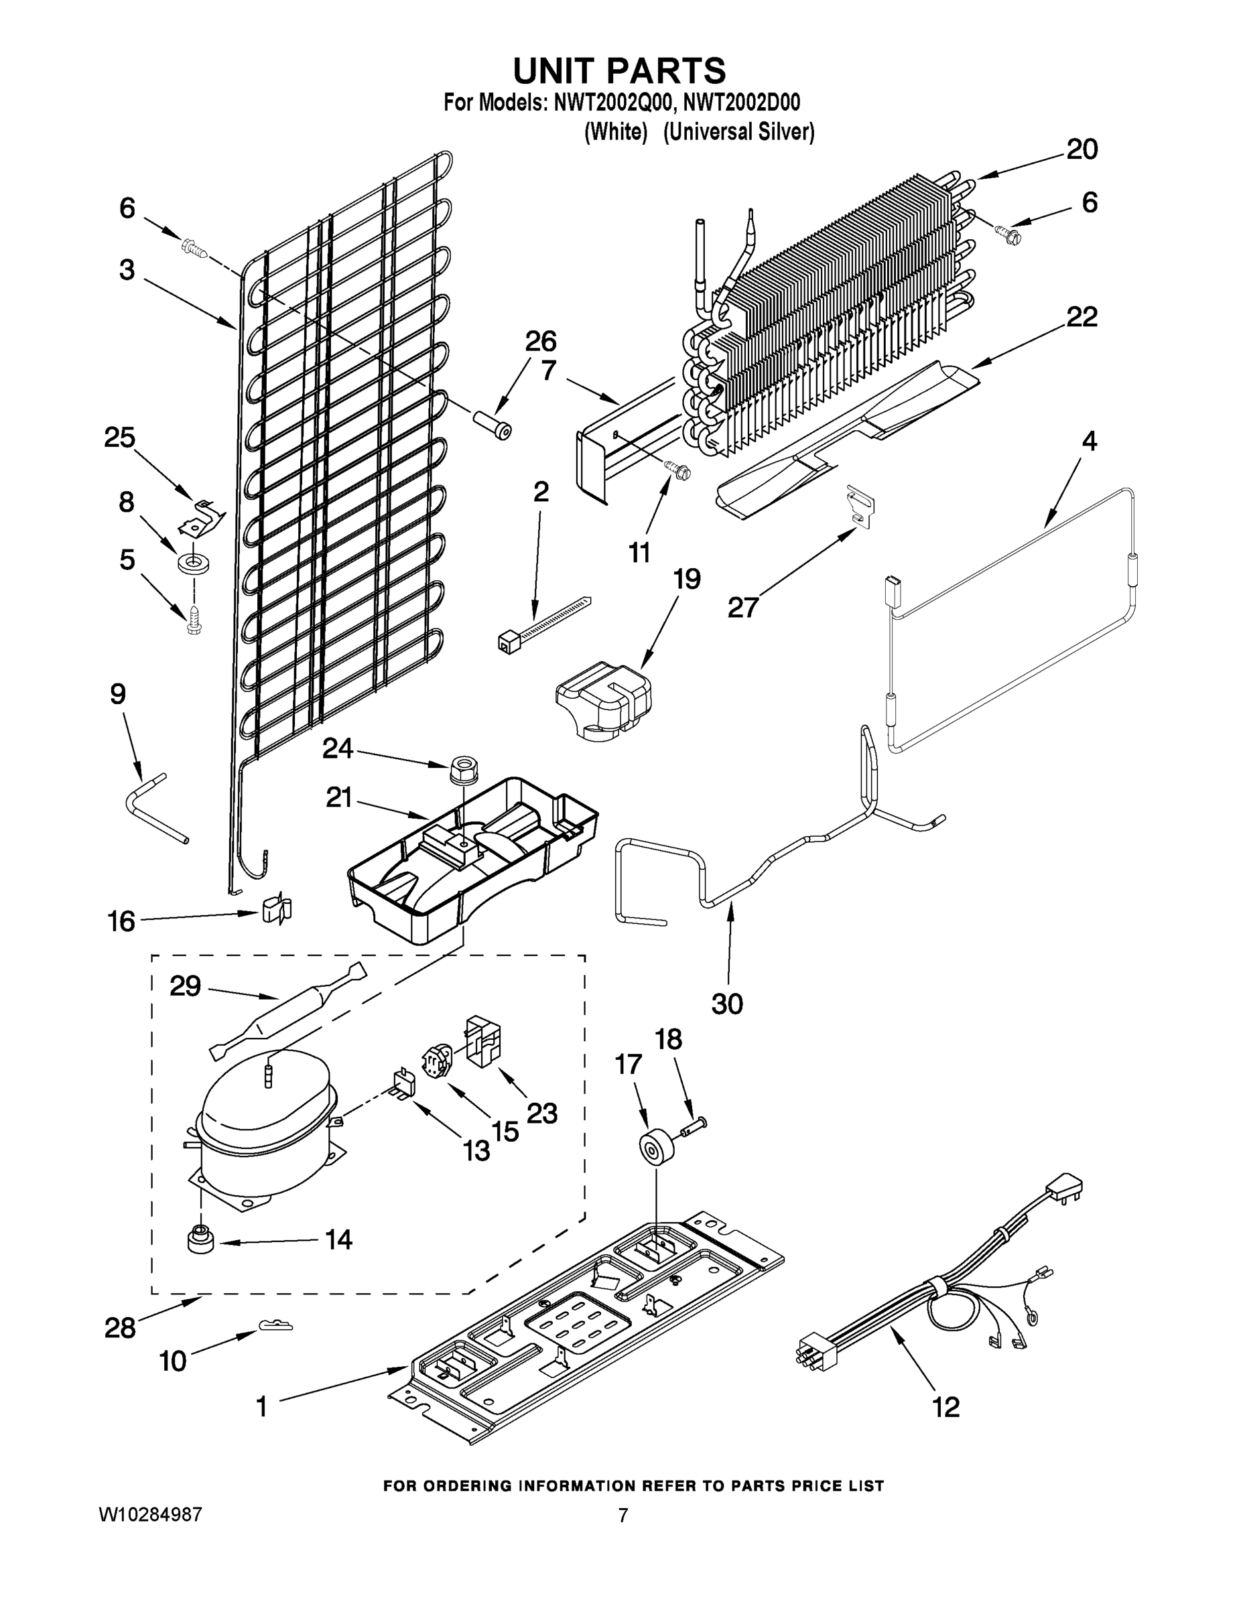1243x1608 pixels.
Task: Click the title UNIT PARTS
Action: tap(619, 72)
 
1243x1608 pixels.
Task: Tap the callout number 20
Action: tap(1082, 149)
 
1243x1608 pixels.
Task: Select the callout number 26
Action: tap(541, 342)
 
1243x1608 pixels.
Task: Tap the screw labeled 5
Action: tap(194, 620)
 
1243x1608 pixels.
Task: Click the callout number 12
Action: tap(946, 1407)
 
